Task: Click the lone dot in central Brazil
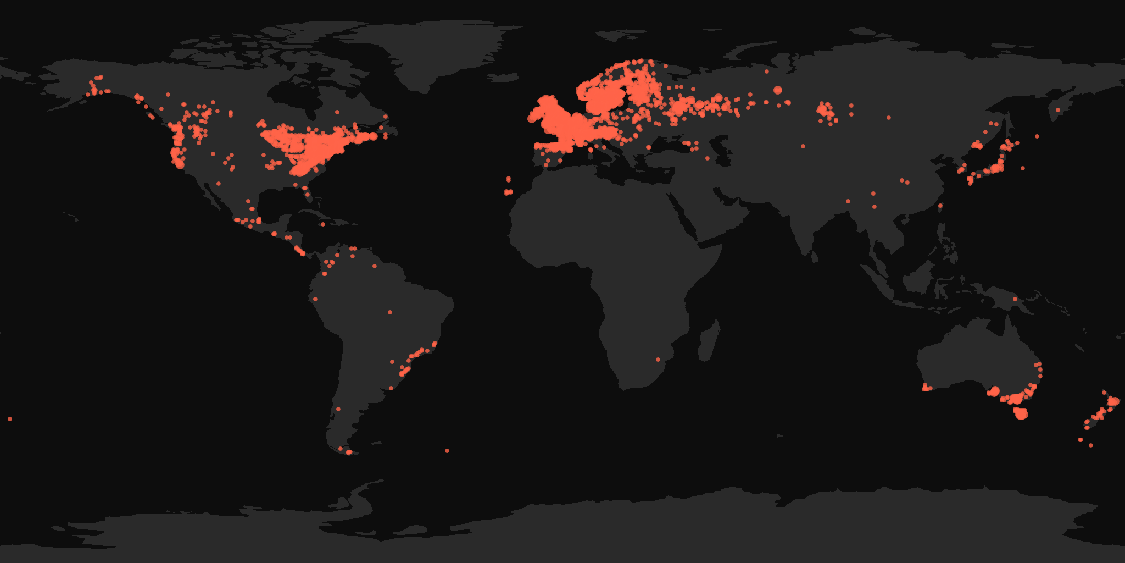(390, 312)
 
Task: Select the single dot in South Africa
(658, 360)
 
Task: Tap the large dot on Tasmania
(1021, 413)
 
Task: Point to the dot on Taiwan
(940, 206)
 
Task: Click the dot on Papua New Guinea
(1015, 300)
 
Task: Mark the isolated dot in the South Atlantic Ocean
(447, 451)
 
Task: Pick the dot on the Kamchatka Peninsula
(1057, 111)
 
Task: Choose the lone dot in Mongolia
(888, 118)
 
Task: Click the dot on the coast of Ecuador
(315, 299)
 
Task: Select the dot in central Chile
(338, 409)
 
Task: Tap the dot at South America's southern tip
(349, 452)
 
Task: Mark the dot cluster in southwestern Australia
(927, 388)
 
